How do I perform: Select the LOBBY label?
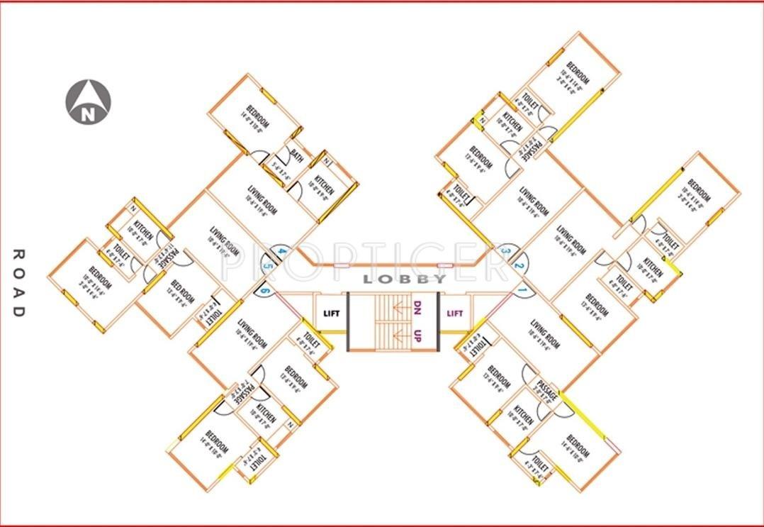pyautogui.click(x=405, y=279)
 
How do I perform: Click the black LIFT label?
pyautogui.click(x=332, y=313)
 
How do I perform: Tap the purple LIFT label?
pyautogui.click(x=455, y=312)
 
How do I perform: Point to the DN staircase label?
pyautogui.click(x=417, y=309)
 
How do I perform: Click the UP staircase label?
pyautogui.click(x=417, y=335)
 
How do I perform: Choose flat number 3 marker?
pyautogui.click(x=505, y=250)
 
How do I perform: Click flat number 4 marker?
pyautogui.click(x=281, y=251)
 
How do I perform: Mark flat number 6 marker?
pyautogui.click(x=264, y=289)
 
